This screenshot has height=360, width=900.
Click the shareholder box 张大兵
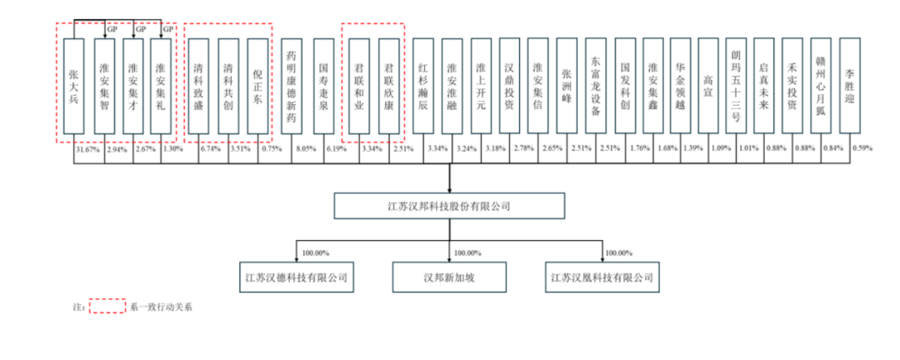pyautogui.click(x=74, y=86)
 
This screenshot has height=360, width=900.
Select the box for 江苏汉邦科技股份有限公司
pyautogui.click(x=448, y=206)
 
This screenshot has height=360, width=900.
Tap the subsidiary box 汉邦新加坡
pyautogui.click(x=449, y=277)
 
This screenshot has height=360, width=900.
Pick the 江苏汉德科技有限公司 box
pyautogui.click(x=296, y=277)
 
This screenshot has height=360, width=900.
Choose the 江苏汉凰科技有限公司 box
pyautogui.click(x=602, y=277)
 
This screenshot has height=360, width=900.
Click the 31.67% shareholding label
pyautogui.click(x=86, y=148)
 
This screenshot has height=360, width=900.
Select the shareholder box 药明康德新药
pyautogui.click(x=292, y=86)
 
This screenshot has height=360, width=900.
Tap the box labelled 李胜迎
pyautogui.click(x=849, y=86)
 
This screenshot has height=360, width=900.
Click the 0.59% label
pyautogui.click(x=862, y=148)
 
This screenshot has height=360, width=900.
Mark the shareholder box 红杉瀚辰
pyautogui.click(x=423, y=86)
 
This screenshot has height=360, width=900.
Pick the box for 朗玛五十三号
pyautogui.click(x=736, y=86)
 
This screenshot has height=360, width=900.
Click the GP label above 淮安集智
pyautogui.click(x=113, y=29)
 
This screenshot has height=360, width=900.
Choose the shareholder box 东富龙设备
pyautogui.click(x=596, y=86)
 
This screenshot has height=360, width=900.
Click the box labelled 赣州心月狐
pyautogui.click(x=821, y=86)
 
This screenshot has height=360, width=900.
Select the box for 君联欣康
pyautogui.click(x=389, y=86)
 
